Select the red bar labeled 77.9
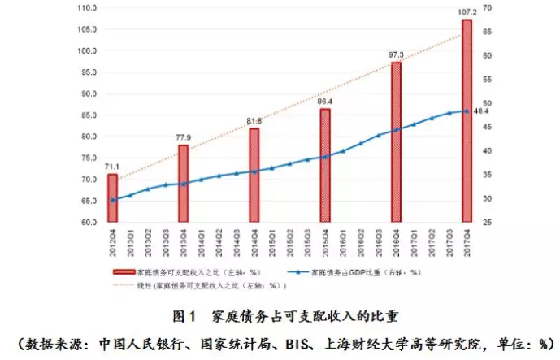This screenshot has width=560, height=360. point(184,184)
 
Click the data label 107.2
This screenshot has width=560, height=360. point(467,12)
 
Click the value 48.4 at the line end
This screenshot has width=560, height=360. point(480,111)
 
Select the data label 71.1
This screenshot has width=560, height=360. point(112,166)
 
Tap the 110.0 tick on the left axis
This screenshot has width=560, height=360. point(85,8)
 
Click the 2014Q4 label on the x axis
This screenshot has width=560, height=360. point(254,241)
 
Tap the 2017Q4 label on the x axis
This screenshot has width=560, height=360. point(467,241)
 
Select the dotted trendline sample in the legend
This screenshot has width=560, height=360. point(123,286)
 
